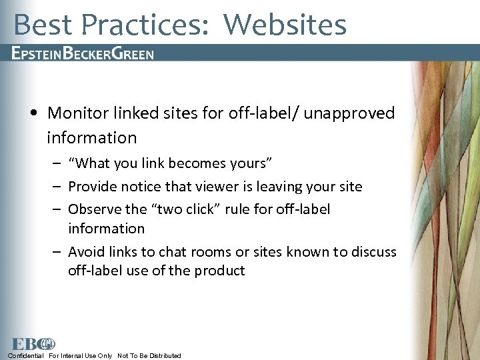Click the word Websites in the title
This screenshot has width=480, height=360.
click(x=285, y=25)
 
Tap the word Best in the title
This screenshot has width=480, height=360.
click(x=42, y=25)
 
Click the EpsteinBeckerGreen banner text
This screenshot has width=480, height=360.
click(x=83, y=54)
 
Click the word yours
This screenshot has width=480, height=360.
click(x=252, y=163)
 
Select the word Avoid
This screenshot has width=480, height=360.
click(x=87, y=252)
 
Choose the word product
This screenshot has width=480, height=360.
click(x=221, y=271)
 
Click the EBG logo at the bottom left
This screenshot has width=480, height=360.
click(x=32, y=344)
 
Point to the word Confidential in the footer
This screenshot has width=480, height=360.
click(x=25, y=355)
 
